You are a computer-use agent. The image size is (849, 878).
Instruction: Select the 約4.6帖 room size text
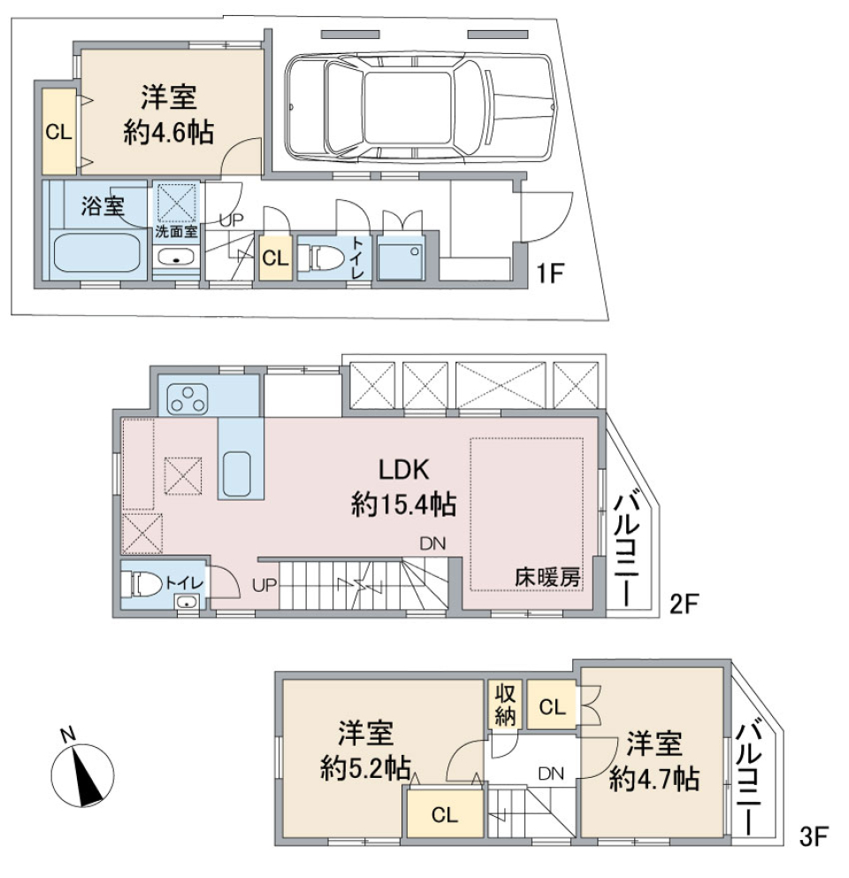168,133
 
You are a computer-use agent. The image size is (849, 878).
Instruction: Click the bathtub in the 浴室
96,253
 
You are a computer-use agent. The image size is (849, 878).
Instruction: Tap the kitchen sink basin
239,474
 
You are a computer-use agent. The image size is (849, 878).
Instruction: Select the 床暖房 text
547,577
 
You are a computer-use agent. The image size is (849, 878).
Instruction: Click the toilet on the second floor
141,584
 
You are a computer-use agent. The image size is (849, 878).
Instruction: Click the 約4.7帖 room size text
655,778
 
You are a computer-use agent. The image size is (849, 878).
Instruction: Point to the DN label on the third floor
550,774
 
